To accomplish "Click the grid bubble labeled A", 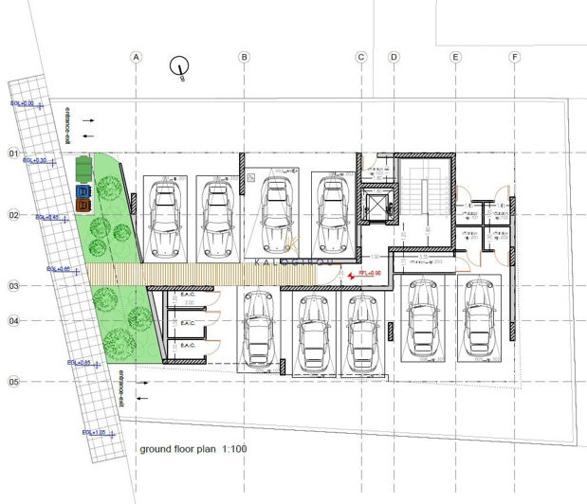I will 137,58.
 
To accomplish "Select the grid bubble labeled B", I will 244,58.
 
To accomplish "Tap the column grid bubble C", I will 361,58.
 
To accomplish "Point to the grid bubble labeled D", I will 394,58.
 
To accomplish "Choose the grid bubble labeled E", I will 456,58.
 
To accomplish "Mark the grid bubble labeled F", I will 515,58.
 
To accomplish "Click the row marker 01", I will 14,153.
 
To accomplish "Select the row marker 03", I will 14,285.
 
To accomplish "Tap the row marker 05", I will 14,382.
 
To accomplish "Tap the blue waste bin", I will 82,189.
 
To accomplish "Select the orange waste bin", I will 82,204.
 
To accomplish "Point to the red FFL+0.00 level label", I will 368,275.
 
